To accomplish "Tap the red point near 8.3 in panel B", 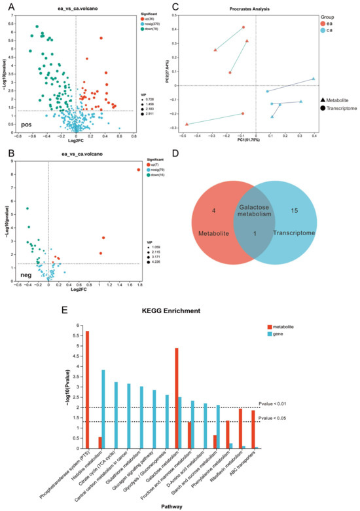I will (x=138, y=170).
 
